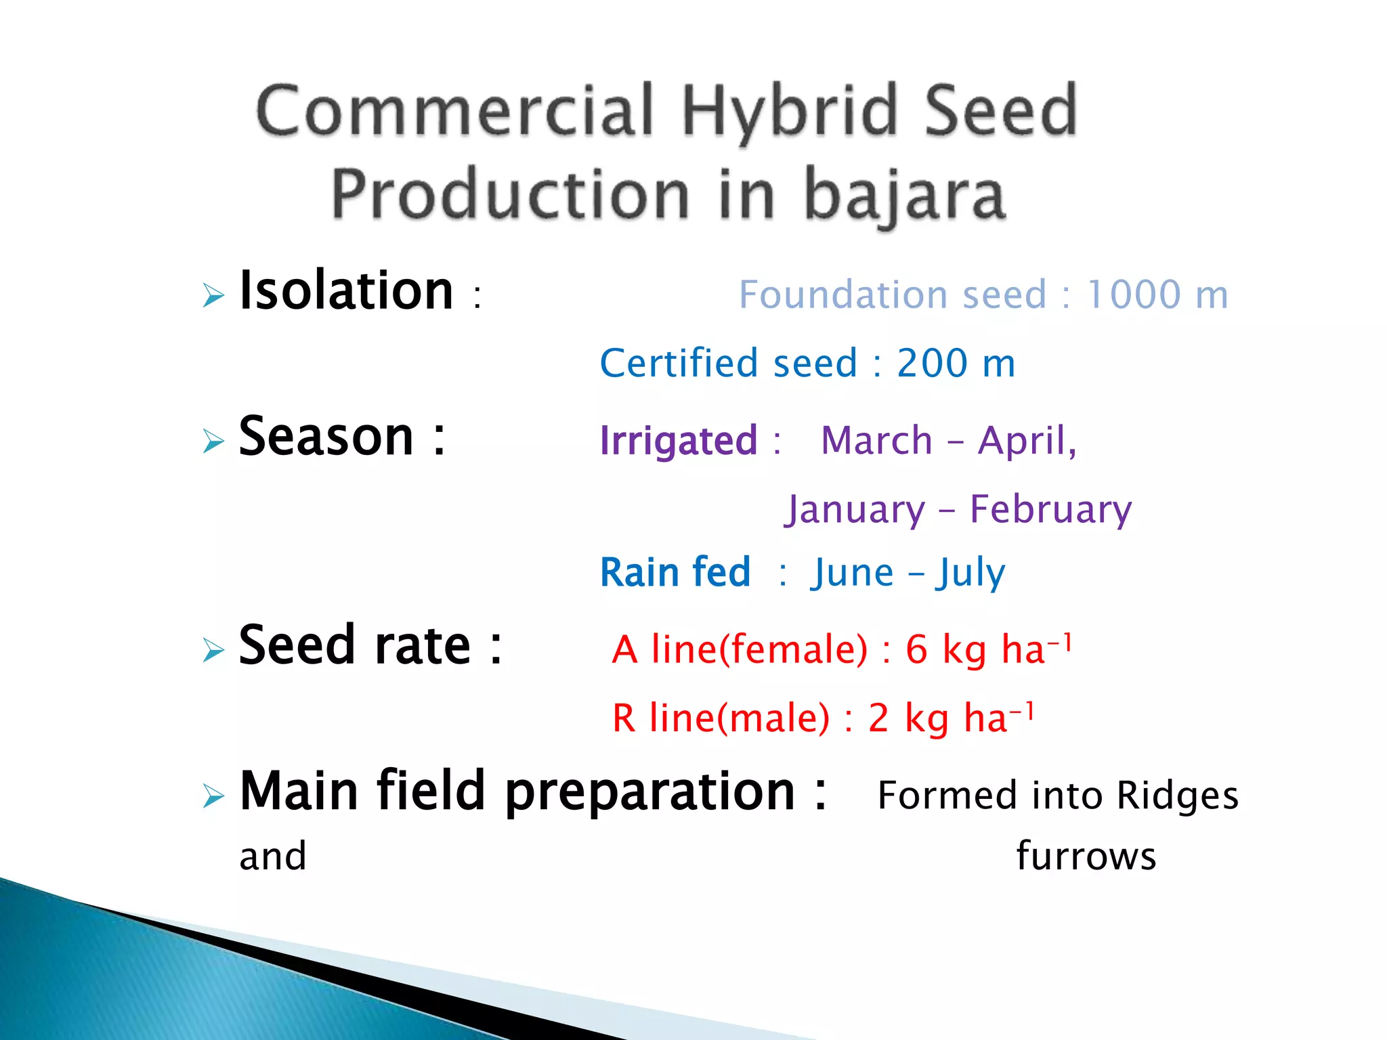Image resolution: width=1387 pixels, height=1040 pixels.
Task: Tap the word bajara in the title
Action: coord(904,196)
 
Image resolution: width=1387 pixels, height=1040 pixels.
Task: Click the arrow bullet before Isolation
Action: coord(213,296)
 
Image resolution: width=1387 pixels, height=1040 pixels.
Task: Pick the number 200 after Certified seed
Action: coord(932,364)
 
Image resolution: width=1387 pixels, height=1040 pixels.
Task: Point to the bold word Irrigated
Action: coord(679,441)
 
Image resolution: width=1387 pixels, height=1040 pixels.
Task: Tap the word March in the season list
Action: coord(876,441)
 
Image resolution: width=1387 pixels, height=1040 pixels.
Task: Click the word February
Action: coord(1050,510)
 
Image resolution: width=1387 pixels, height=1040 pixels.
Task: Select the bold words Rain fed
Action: coord(675,573)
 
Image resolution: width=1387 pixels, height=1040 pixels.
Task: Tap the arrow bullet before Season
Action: coord(213,441)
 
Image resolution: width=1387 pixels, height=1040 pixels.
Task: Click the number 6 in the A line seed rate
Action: coord(916,650)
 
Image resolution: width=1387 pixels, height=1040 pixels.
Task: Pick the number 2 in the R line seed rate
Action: coord(878,718)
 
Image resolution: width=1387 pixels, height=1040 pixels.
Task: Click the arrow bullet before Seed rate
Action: coord(213,650)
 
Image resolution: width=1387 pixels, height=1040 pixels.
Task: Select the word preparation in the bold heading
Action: coord(649,792)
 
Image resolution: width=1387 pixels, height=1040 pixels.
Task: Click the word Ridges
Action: coord(1177,796)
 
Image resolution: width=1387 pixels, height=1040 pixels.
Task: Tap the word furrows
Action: coord(1086,857)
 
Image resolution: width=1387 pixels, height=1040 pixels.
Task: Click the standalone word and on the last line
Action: coord(273,857)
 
